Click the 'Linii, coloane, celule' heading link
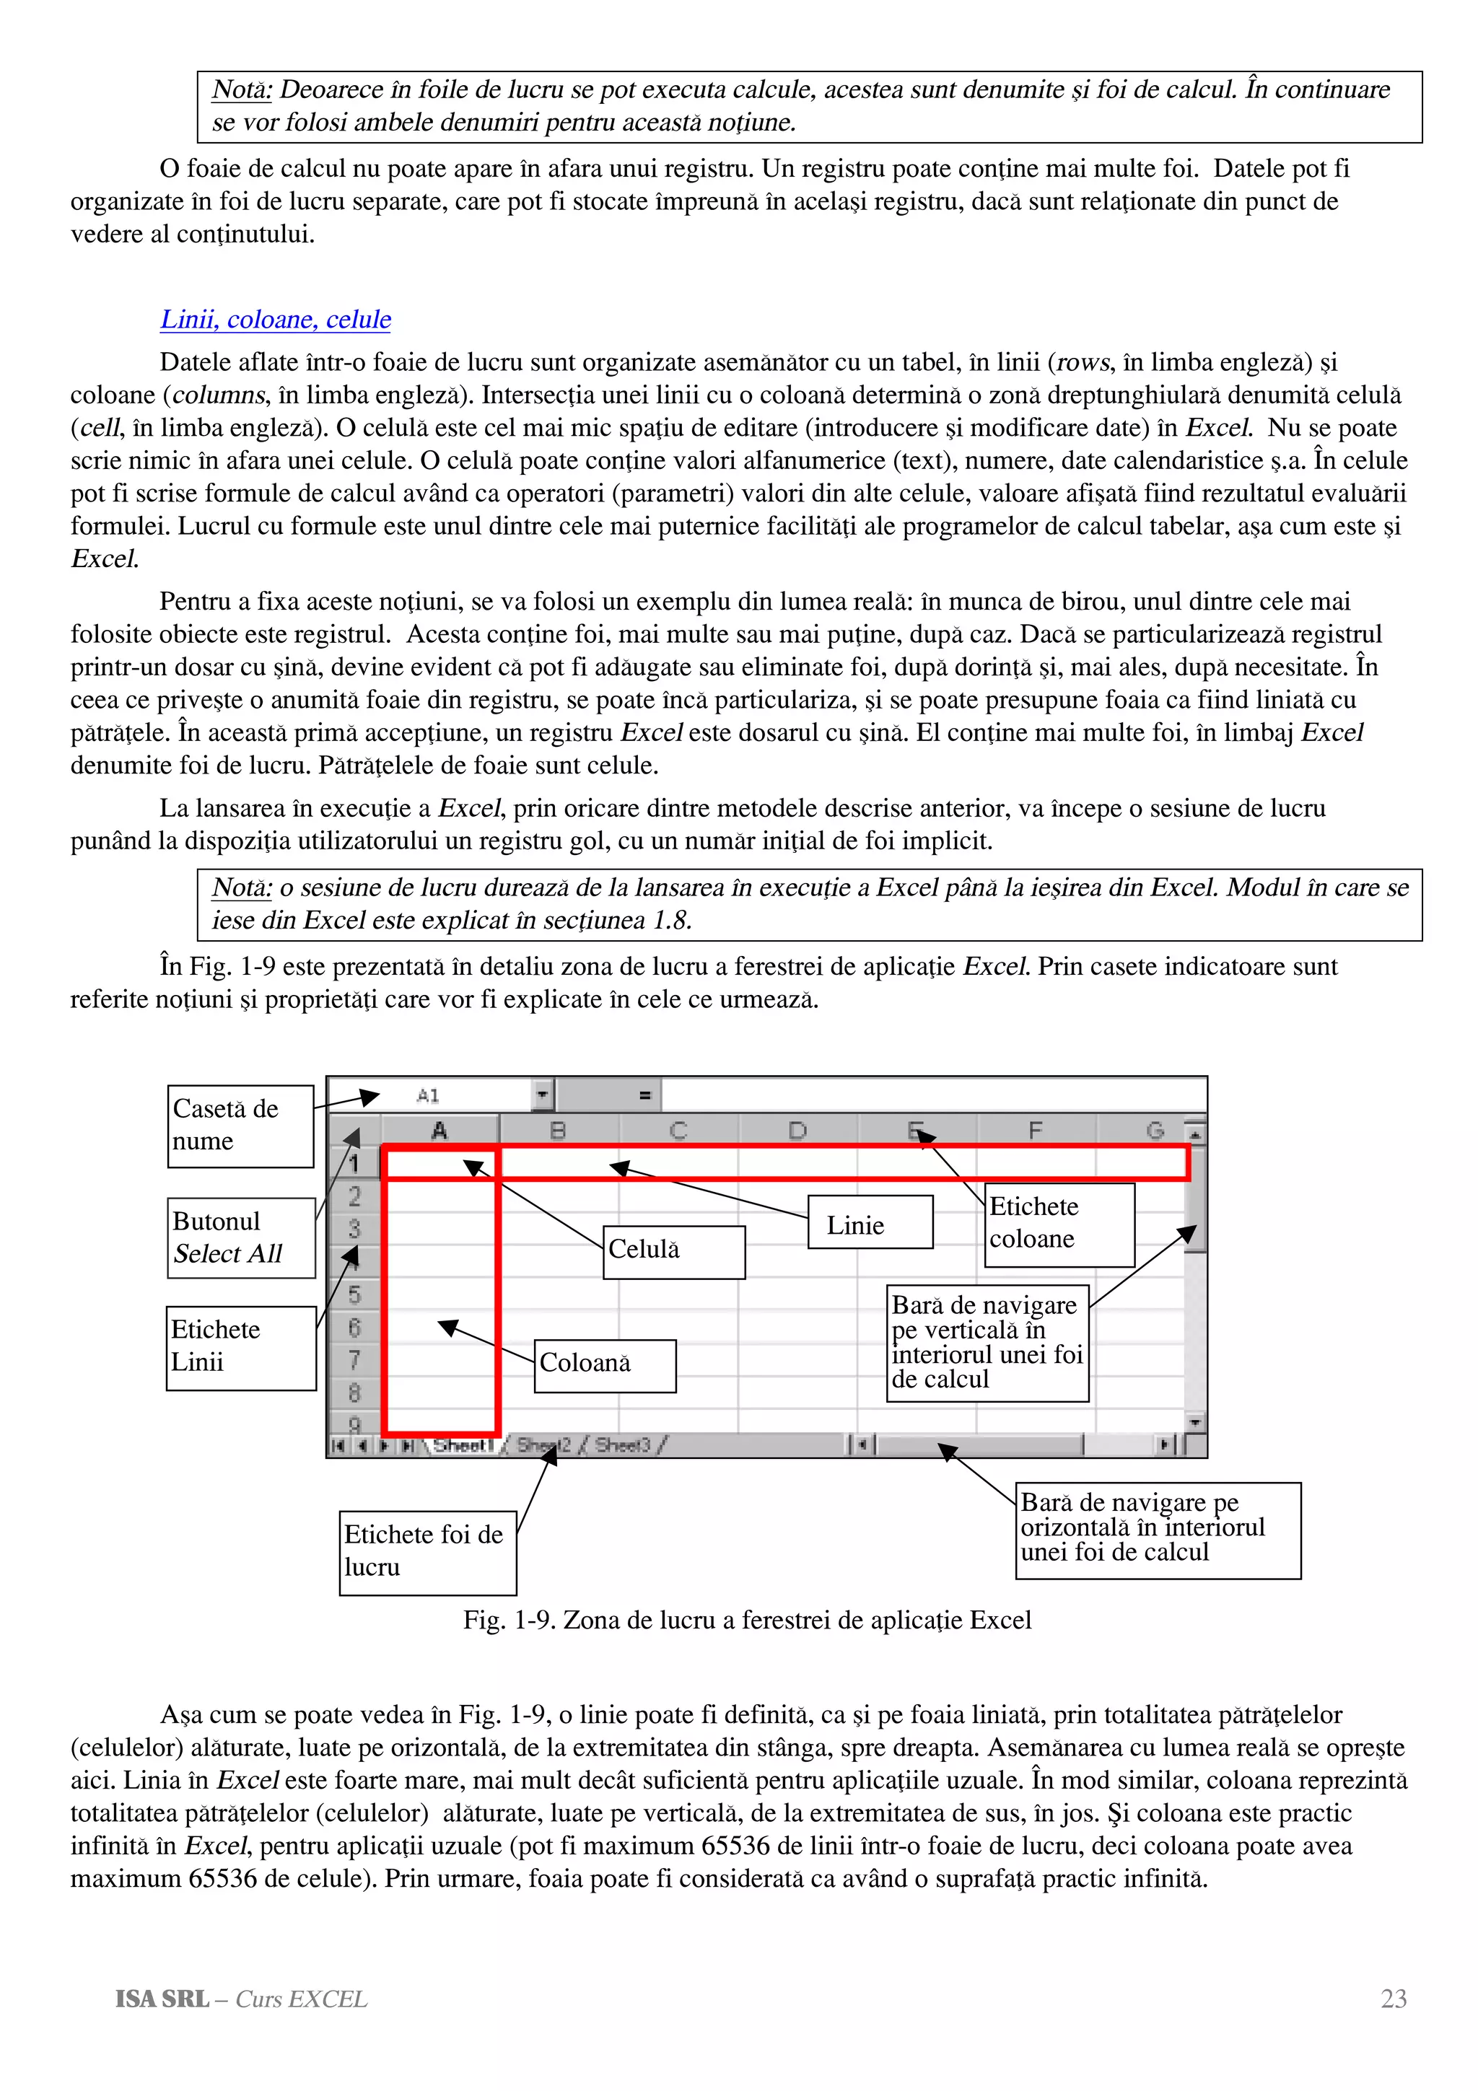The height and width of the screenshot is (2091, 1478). tap(275, 320)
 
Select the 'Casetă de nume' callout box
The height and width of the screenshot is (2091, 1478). tap(240, 1126)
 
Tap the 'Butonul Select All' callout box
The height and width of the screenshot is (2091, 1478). tap(241, 1237)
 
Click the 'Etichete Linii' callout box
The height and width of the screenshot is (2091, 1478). tap(241, 1347)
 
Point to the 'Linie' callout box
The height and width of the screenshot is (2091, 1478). tap(870, 1222)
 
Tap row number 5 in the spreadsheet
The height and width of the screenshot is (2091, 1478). tap(354, 1294)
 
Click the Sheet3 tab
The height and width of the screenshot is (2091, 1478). tap(624, 1445)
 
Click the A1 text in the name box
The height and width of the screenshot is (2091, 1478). tap(428, 1095)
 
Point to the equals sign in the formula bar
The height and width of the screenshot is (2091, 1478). tap(644, 1095)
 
